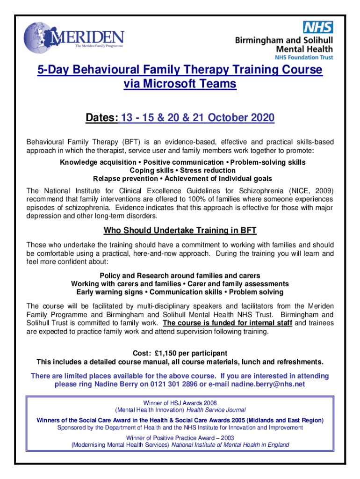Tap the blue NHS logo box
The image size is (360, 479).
[x=318, y=27]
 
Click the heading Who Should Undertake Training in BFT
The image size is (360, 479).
[x=180, y=231]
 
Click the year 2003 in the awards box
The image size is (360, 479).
[x=226, y=438]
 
